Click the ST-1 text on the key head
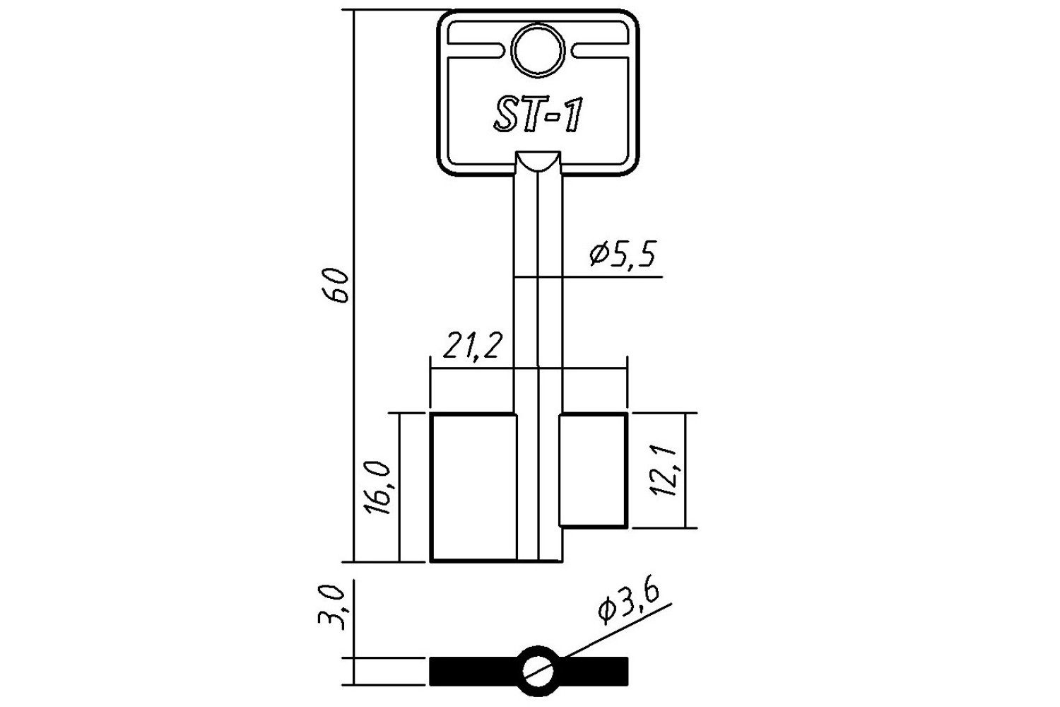tap(538, 115)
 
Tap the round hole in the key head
tap(538, 50)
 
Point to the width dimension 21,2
tap(472, 345)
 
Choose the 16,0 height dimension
tap(377, 488)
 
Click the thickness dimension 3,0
tap(331, 607)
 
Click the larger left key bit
tap(473, 488)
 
